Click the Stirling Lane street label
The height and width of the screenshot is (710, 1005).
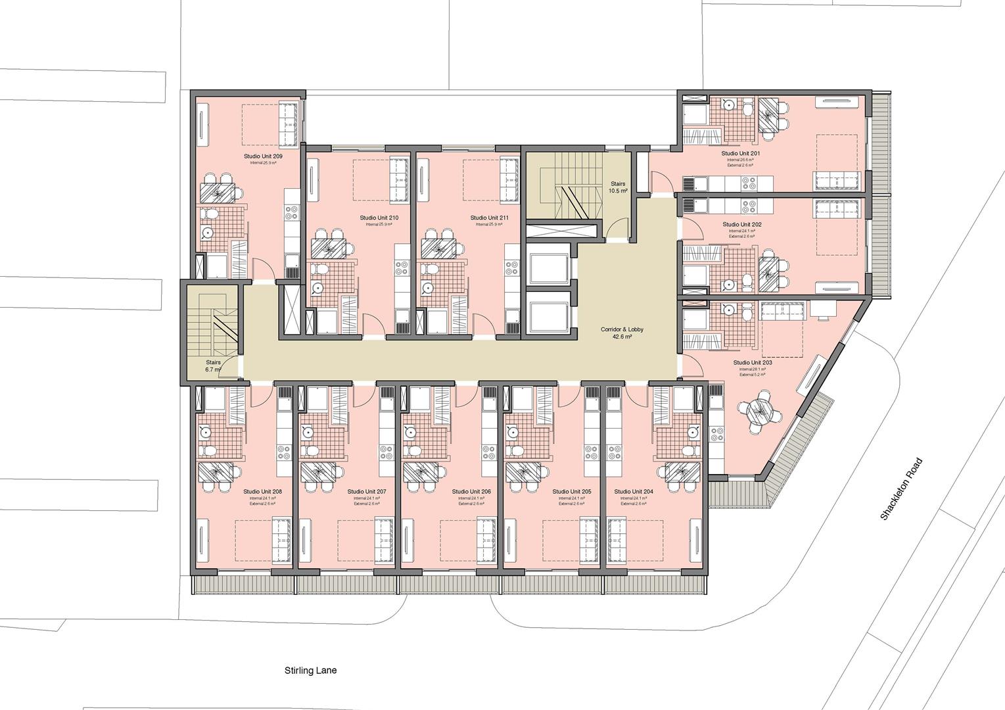point(310,671)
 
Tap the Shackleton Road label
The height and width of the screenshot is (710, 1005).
point(902,489)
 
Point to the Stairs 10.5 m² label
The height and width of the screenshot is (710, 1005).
point(619,187)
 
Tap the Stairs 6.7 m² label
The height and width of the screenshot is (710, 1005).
point(213,366)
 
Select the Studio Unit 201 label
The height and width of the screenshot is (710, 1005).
point(741,154)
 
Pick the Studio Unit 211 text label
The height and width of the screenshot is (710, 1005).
point(489,218)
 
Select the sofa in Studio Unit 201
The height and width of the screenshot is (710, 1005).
point(837,180)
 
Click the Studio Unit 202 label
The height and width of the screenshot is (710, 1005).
point(742,225)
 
